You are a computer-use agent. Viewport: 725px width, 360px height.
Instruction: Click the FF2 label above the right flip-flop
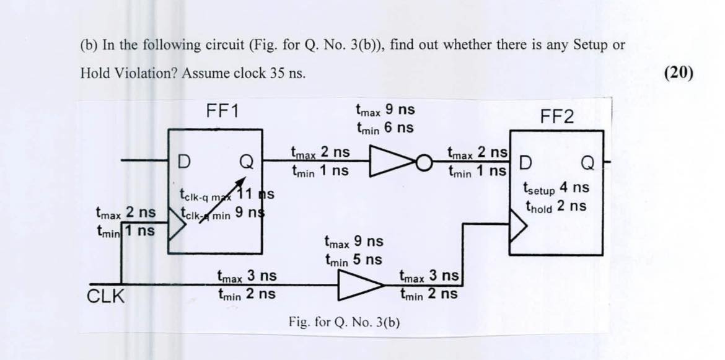[x=557, y=117]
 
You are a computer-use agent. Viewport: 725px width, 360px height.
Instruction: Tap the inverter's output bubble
[x=423, y=163]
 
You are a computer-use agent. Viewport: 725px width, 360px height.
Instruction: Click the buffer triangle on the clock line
[x=360, y=286]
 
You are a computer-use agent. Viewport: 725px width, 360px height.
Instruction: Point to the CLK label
[x=105, y=297]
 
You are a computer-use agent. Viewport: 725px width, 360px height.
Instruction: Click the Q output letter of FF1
[x=246, y=162]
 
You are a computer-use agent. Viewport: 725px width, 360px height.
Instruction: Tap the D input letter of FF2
[x=524, y=162]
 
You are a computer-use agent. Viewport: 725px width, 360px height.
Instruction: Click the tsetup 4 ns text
[x=556, y=187]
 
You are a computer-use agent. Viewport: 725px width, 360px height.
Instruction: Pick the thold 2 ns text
[x=556, y=206]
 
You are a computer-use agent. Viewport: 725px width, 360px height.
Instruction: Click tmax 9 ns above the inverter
[x=385, y=111]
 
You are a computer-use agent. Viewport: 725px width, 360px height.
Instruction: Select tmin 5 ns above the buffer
[x=353, y=260]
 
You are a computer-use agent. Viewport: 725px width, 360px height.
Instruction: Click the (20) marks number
[x=677, y=72]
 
